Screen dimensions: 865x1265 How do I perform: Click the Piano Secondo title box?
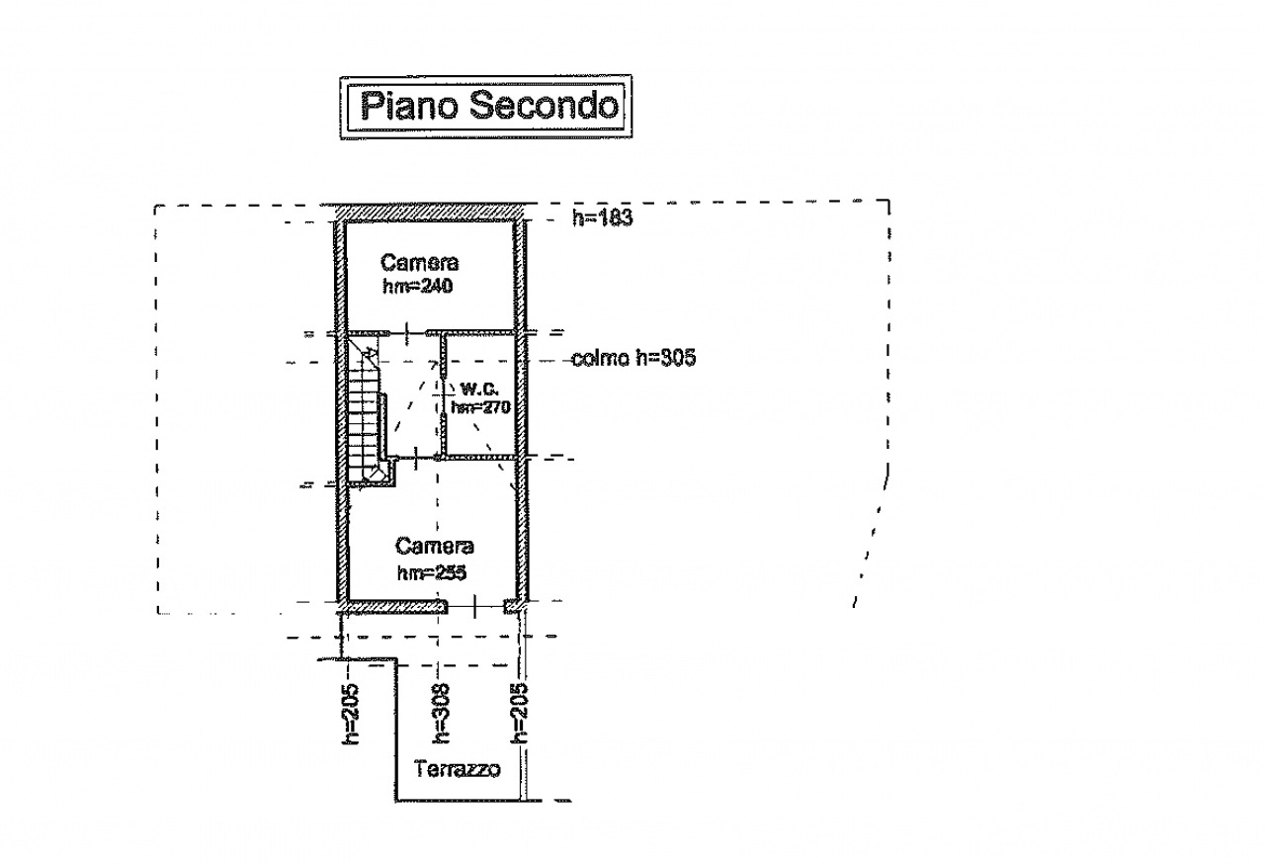[x=486, y=106]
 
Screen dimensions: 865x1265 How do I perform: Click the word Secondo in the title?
[x=544, y=105]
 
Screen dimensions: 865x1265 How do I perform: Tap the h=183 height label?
[x=602, y=218]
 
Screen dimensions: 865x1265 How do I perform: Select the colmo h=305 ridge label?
[x=633, y=359]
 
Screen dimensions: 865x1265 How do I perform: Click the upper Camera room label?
[x=420, y=263]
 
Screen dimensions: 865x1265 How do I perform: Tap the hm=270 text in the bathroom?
[x=479, y=407]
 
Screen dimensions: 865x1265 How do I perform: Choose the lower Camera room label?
[x=434, y=546]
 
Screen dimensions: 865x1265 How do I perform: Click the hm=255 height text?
[x=431, y=572]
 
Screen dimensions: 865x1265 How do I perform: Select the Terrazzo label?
[x=458, y=769]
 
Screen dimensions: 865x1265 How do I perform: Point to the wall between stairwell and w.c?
[x=443, y=395]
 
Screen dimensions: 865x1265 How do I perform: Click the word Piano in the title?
[x=409, y=105]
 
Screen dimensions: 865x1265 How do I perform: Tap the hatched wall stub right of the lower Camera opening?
[x=512, y=606]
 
